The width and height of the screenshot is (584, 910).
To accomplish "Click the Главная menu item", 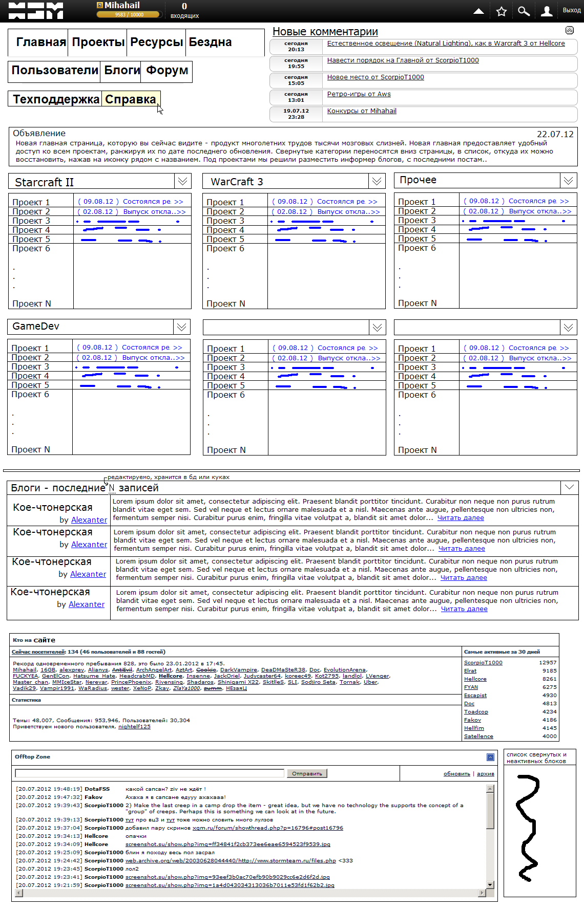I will (x=41, y=42).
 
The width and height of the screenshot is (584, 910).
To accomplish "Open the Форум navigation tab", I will (x=166, y=70).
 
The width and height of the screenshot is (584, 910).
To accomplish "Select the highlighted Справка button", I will (x=131, y=99).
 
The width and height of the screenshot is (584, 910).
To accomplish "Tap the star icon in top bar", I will (x=501, y=11).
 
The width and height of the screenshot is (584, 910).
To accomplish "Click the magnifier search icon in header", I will (x=524, y=11).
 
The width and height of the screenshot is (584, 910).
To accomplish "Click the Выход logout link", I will (x=571, y=10).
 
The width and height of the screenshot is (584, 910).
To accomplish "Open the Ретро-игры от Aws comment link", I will (x=359, y=94).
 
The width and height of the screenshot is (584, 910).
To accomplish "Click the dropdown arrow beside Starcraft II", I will (x=182, y=181).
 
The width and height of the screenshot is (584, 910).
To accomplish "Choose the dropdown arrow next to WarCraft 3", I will (x=377, y=181).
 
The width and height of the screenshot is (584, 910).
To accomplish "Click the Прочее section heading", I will (x=418, y=180).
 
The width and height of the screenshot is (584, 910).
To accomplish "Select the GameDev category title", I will (x=36, y=327).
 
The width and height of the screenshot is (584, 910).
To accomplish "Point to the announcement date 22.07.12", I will (x=555, y=134).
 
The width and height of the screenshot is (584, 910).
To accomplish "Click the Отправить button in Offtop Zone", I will (x=307, y=773).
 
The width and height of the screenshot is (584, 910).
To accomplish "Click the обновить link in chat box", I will (x=456, y=774).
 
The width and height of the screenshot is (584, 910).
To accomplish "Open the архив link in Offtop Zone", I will (x=485, y=774).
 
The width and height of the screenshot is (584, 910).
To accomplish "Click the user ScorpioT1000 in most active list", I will (x=483, y=662).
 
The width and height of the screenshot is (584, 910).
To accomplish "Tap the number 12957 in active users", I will (x=548, y=662).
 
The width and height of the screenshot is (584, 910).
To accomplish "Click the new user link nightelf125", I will (x=134, y=726).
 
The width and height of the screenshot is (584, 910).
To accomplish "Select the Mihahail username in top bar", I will (x=122, y=5).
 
